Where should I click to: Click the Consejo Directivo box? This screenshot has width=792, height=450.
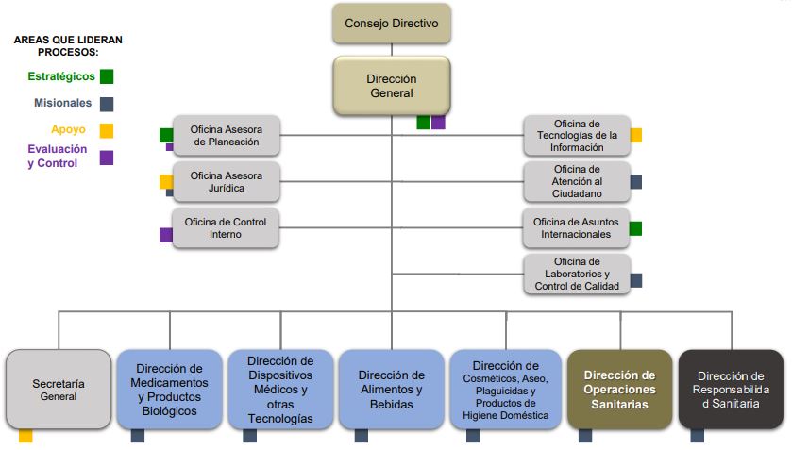(391, 24)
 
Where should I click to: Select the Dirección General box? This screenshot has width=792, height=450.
(391, 86)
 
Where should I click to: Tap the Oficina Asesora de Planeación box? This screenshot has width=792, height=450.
(227, 136)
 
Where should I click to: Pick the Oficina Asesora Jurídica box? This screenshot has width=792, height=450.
(227, 182)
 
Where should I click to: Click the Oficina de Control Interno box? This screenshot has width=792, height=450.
(226, 228)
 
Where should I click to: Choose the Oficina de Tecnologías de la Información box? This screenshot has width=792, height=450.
(577, 136)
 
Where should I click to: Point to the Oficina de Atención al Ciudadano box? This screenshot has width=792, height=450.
(577, 182)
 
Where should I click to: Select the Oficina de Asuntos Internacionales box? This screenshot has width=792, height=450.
(577, 228)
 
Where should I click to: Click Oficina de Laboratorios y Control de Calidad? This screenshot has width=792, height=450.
(577, 274)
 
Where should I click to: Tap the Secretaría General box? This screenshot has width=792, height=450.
(59, 390)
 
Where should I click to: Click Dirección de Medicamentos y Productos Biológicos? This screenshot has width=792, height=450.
(170, 390)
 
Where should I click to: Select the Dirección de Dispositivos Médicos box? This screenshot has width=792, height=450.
(280, 390)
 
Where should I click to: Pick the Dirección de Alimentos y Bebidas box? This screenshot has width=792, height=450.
(391, 390)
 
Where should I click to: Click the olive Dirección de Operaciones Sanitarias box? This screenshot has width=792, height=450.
(619, 390)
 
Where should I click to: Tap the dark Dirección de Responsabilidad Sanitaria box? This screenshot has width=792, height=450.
(731, 390)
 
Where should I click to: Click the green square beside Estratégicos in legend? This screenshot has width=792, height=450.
(107, 76)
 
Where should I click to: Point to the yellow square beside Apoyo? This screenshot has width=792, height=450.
(107, 130)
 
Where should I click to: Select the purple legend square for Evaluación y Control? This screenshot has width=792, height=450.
(107, 158)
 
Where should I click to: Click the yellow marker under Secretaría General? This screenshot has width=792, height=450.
(25, 436)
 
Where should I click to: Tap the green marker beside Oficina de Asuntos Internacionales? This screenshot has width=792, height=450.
(636, 228)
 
